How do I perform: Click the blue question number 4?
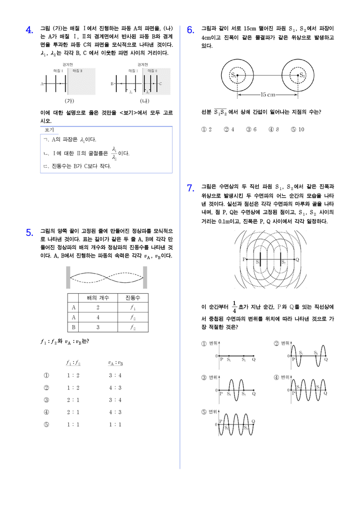(x=30, y=30)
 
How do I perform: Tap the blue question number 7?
(x=191, y=188)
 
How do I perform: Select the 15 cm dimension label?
(x=268, y=94)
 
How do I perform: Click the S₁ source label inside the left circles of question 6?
(x=233, y=75)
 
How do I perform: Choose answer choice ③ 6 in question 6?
(x=251, y=129)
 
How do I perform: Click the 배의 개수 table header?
(x=98, y=298)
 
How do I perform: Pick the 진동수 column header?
(x=133, y=298)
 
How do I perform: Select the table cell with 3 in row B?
(x=98, y=327)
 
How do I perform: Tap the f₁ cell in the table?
(x=133, y=307)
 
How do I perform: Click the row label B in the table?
(x=73, y=327)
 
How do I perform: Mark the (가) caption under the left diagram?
(x=69, y=101)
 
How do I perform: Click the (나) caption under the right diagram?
(x=144, y=101)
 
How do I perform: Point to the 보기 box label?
(x=49, y=130)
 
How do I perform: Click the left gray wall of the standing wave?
(x=68, y=278)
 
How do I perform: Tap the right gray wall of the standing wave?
(x=145, y=278)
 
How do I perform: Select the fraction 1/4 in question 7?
(x=234, y=307)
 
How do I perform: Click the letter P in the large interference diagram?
(x=244, y=259)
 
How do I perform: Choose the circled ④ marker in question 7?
(x=276, y=378)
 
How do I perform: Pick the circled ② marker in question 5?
(x=46, y=387)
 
